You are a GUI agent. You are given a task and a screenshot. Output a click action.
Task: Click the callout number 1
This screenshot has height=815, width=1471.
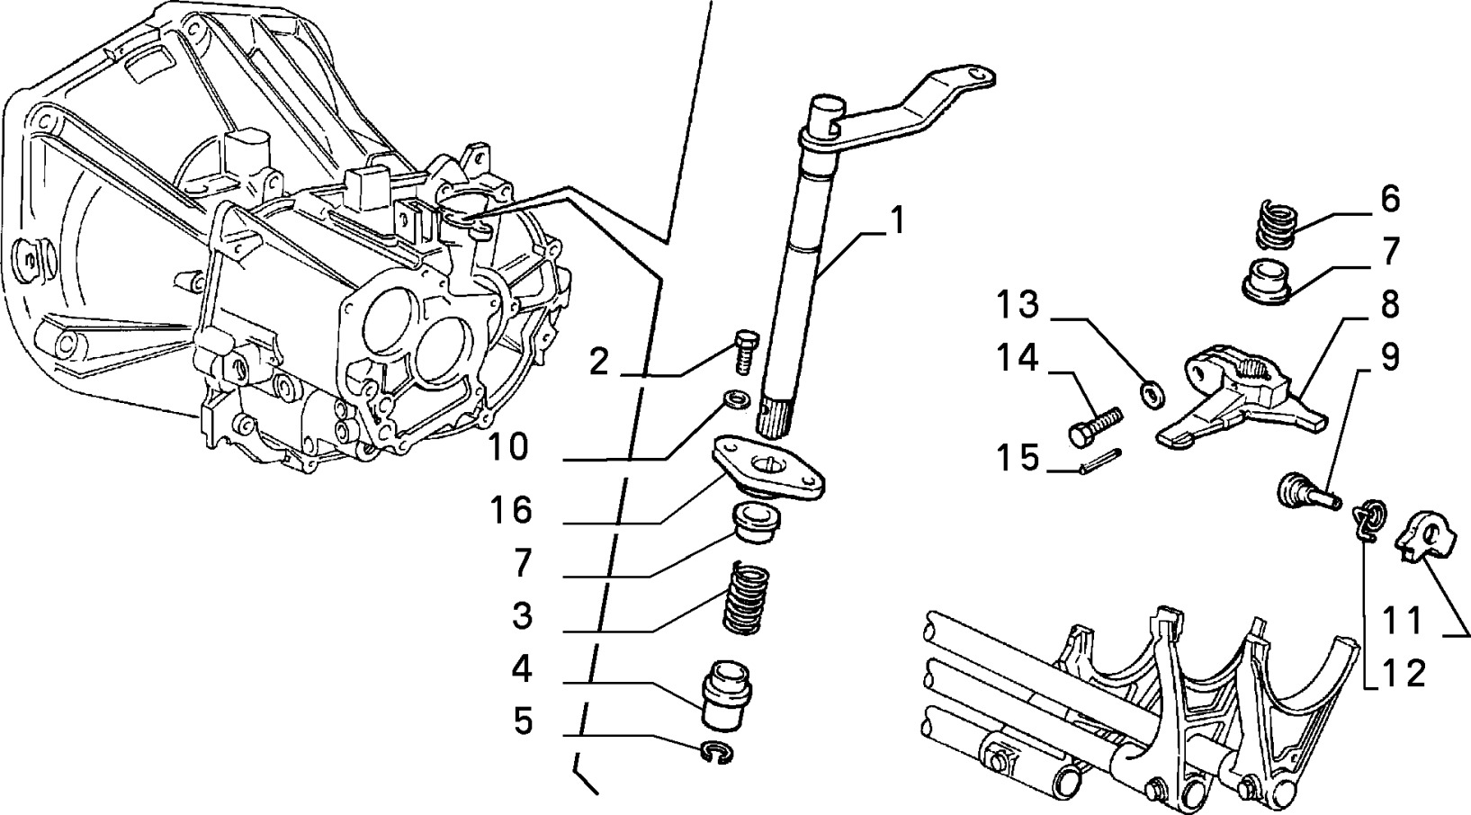896,220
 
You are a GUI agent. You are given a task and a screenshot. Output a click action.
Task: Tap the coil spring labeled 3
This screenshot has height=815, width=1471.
748,597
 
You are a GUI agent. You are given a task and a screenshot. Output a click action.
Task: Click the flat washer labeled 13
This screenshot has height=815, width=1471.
1152,393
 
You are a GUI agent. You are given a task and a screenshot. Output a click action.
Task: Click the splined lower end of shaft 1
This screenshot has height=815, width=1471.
776,412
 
